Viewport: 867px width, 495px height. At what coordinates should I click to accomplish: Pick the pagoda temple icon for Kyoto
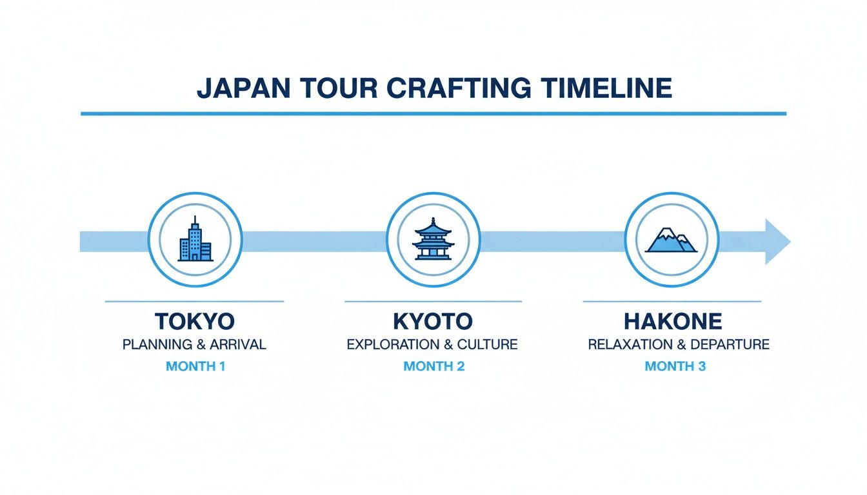point(433,240)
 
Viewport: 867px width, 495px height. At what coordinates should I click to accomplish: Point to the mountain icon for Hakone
point(672,240)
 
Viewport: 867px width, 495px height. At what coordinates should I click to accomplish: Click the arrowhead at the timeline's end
point(776,241)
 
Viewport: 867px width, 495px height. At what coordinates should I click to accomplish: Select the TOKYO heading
point(194,321)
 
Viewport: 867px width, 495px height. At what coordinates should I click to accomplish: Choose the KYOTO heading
point(433,321)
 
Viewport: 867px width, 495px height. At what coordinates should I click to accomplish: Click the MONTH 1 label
point(196,366)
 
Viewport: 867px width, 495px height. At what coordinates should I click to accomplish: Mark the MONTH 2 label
point(433,366)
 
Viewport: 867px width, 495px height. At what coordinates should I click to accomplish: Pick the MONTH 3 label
point(675,366)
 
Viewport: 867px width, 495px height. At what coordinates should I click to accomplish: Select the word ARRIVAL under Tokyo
point(239,344)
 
